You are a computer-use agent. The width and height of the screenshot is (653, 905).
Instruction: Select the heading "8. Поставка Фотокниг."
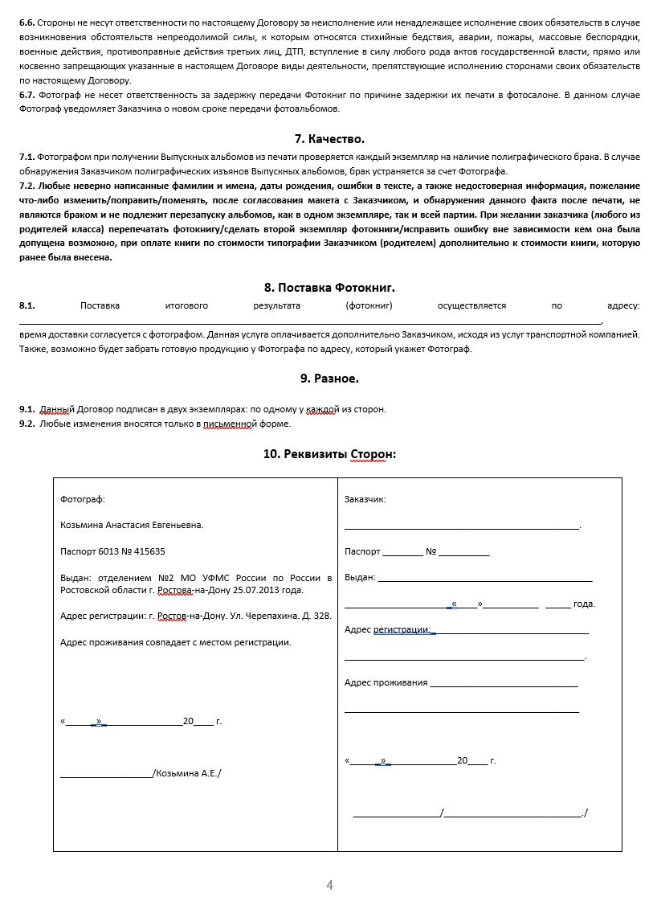tap(329, 287)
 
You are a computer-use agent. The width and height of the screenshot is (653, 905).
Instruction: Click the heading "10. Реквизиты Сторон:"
tap(329, 454)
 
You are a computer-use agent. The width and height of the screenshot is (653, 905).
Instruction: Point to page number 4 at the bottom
tap(329, 885)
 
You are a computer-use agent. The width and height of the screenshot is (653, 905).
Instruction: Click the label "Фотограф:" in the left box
tap(83, 499)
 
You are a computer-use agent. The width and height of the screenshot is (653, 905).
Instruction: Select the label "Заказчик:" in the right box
tap(365, 499)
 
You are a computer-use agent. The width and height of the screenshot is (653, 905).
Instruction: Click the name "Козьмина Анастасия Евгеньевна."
tap(132, 525)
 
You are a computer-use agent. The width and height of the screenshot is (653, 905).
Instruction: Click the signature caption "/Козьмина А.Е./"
tap(186, 773)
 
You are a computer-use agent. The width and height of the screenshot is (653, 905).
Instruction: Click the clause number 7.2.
tap(27, 185)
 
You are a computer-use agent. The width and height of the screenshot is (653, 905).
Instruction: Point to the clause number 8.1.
tap(27, 305)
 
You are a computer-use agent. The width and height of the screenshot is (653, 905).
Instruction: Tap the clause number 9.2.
tap(27, 424)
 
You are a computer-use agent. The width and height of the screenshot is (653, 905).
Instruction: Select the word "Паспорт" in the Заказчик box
tap(362, 551)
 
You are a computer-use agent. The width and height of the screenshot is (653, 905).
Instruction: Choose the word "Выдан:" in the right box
tap(360, 577)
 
